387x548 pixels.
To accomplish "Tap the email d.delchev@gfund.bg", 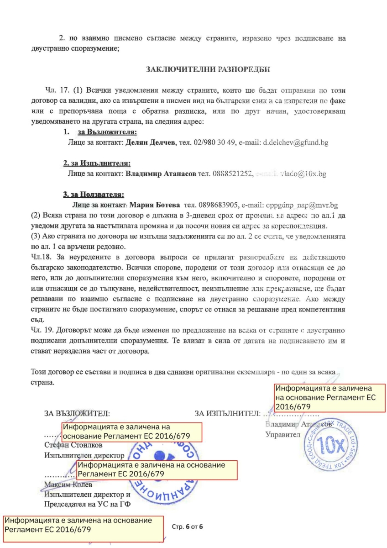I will pos(295,143).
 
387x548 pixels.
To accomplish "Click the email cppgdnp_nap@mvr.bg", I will pos(302,205).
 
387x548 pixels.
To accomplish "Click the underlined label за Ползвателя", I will pos(94,195).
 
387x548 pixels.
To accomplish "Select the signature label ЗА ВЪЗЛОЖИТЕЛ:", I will pos(77,414).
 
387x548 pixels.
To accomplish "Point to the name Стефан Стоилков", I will pos(73,445).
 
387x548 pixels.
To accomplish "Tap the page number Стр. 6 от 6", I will pos(188,527).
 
